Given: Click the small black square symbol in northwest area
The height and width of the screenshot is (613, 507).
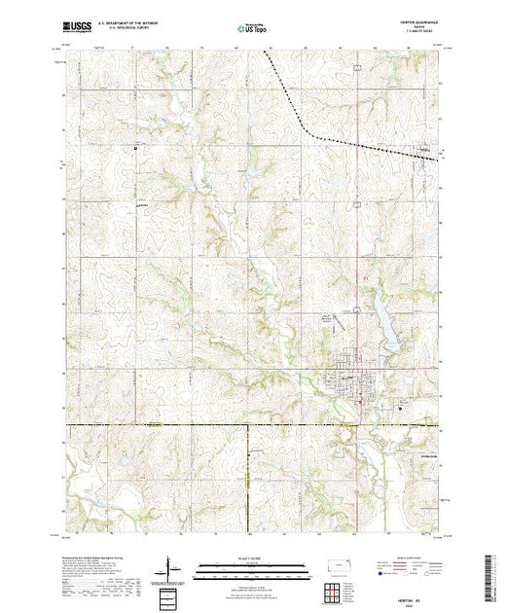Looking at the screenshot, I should click(x=136, y=148).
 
